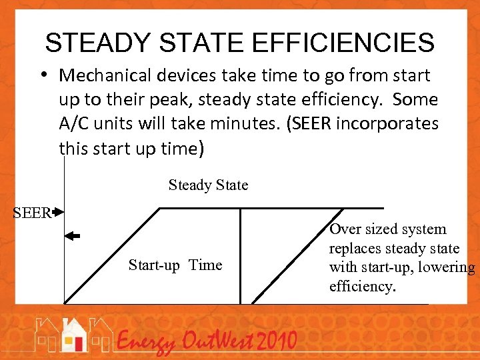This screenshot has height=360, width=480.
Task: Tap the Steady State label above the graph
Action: click(208, 185)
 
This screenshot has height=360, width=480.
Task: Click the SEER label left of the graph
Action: click(32, 213)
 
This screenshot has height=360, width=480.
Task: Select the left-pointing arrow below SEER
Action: click(72, 236)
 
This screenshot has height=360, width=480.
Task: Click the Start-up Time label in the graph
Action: click(175, 265)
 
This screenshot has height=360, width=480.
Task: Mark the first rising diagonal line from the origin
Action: click(112, 256)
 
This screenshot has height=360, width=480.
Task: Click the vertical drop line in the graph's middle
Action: click(240, 256)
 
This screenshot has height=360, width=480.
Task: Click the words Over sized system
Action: click(387, 229)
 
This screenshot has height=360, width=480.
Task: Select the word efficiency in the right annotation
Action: click(362, 287)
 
